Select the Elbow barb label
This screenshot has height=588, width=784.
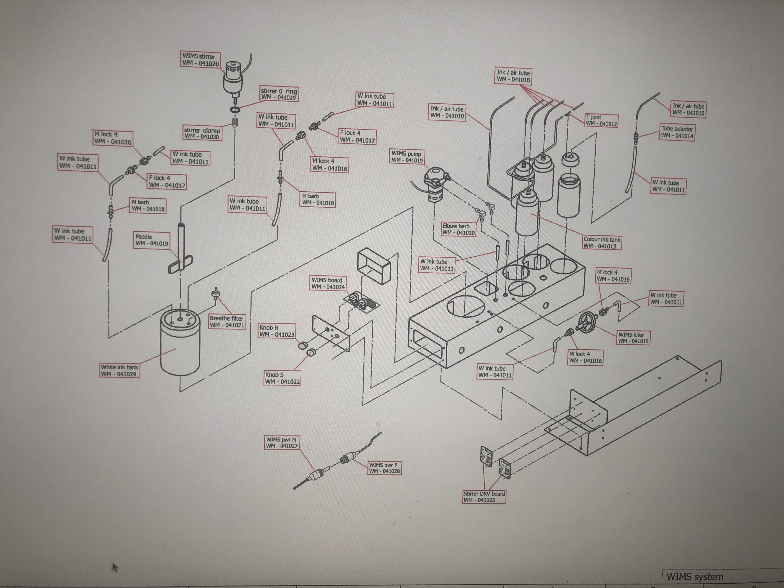[x=458, y=229]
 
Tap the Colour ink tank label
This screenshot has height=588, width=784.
[x=602, y=242]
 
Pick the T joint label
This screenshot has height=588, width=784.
[x=601, y=120]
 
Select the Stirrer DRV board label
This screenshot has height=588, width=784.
[x=484, y=497]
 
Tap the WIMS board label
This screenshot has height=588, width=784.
[x=328, y=283]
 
